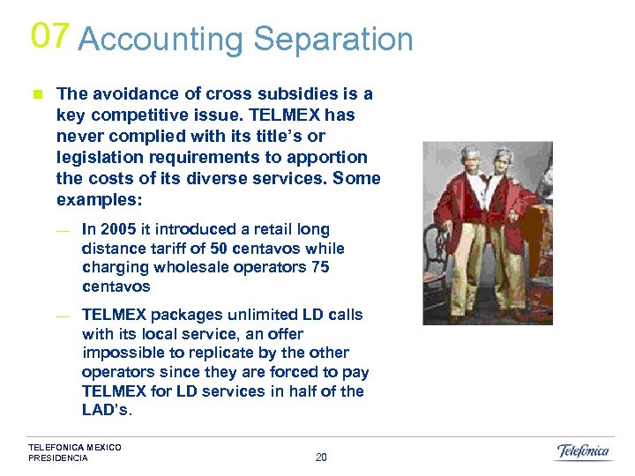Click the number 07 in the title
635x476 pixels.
pos(49,35)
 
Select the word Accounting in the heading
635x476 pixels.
pos(161,40)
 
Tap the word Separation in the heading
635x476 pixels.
pos(333,40)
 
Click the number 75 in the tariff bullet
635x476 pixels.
pos(320,267)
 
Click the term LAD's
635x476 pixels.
pos(107,410)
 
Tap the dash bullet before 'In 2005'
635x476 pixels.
pos(62,231)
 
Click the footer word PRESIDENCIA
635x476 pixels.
pos(58,458)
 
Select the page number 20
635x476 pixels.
pos(321,457)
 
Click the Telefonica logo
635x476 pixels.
pos(582,452)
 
